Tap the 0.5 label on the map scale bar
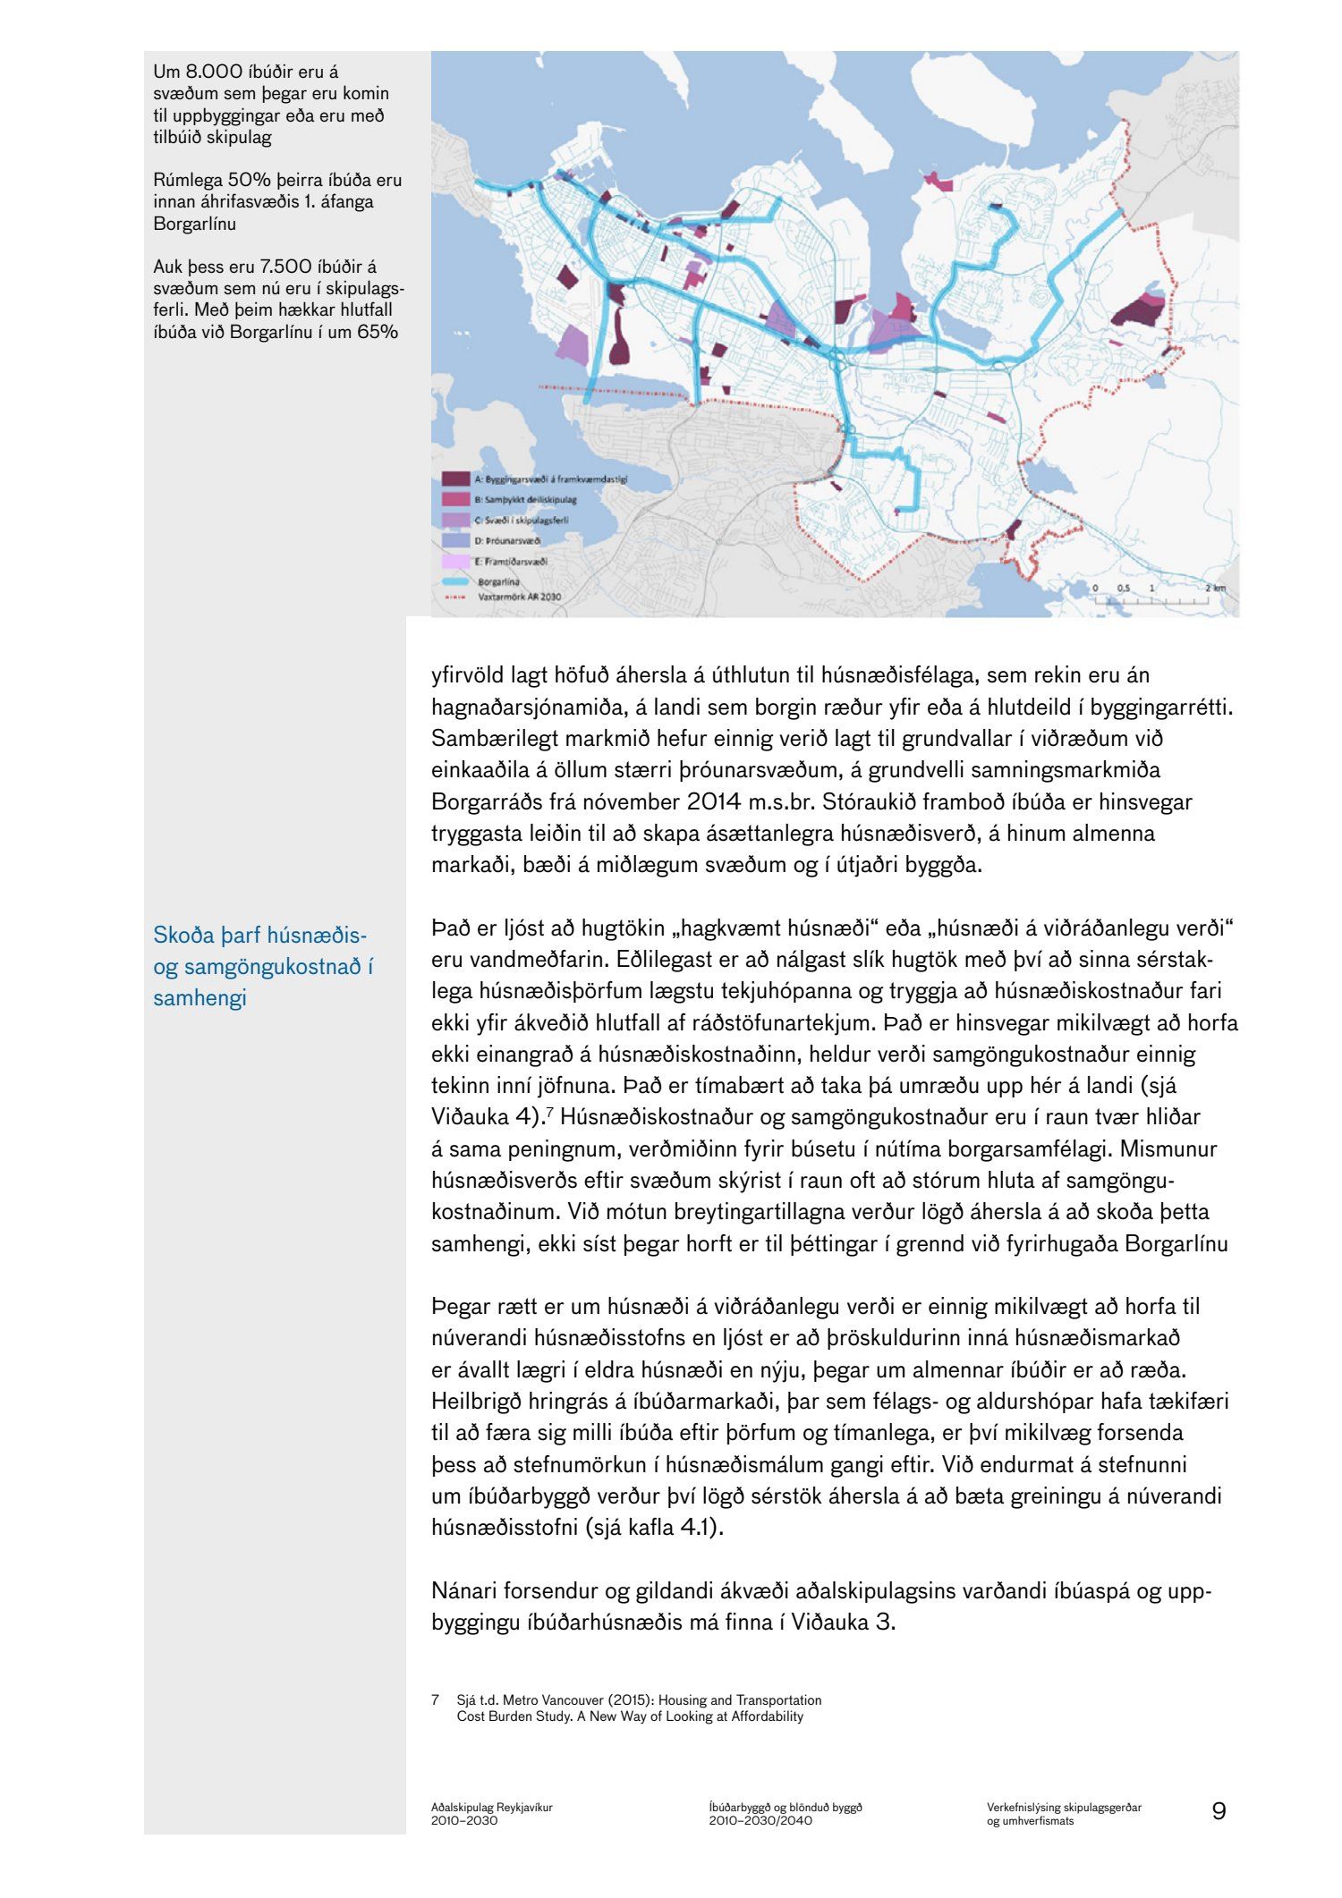[1124, 588]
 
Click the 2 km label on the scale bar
[1214, 588]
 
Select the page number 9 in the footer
[1219, 1811]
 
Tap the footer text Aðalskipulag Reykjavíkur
[491, 1807]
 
